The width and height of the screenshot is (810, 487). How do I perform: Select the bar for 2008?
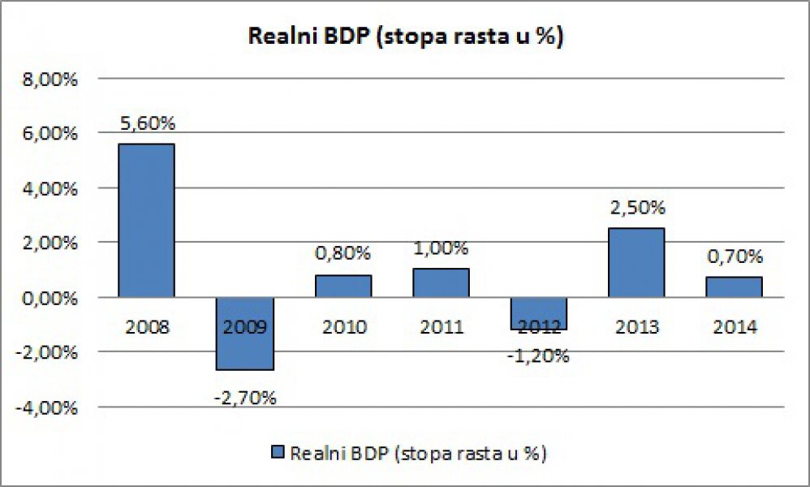pyautogui.click(x=147, y=220)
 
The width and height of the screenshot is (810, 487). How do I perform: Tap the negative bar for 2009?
pyautogui.click(x=245, y=334)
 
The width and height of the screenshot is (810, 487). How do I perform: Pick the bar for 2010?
pyautogui.click(x=344, y=286)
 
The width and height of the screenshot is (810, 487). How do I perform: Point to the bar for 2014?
pyautogui.click(x=735, y=287)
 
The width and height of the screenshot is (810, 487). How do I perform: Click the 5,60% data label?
pyautogui.click(x=147, y=124)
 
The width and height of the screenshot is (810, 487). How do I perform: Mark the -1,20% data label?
pyautogui.click(x=540, y=355)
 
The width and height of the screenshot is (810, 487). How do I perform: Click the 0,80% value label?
pyautogui.click(x=344, y=254)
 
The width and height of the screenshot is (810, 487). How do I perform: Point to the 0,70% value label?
pyautogui.click(x=735, y=257)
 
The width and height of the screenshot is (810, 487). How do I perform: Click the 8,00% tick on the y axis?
pyautogui.click(x=50, y=80)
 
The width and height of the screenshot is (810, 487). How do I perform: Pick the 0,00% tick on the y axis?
pyautogui.click(x=50, y=298)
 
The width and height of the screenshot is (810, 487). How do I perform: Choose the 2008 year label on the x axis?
pyautogui.click(x=147, y=327)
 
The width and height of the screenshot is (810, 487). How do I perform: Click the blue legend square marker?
pyautogui.click(x=278, y=452)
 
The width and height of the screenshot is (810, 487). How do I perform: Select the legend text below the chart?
pyautogui.click(x=418, y=452)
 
